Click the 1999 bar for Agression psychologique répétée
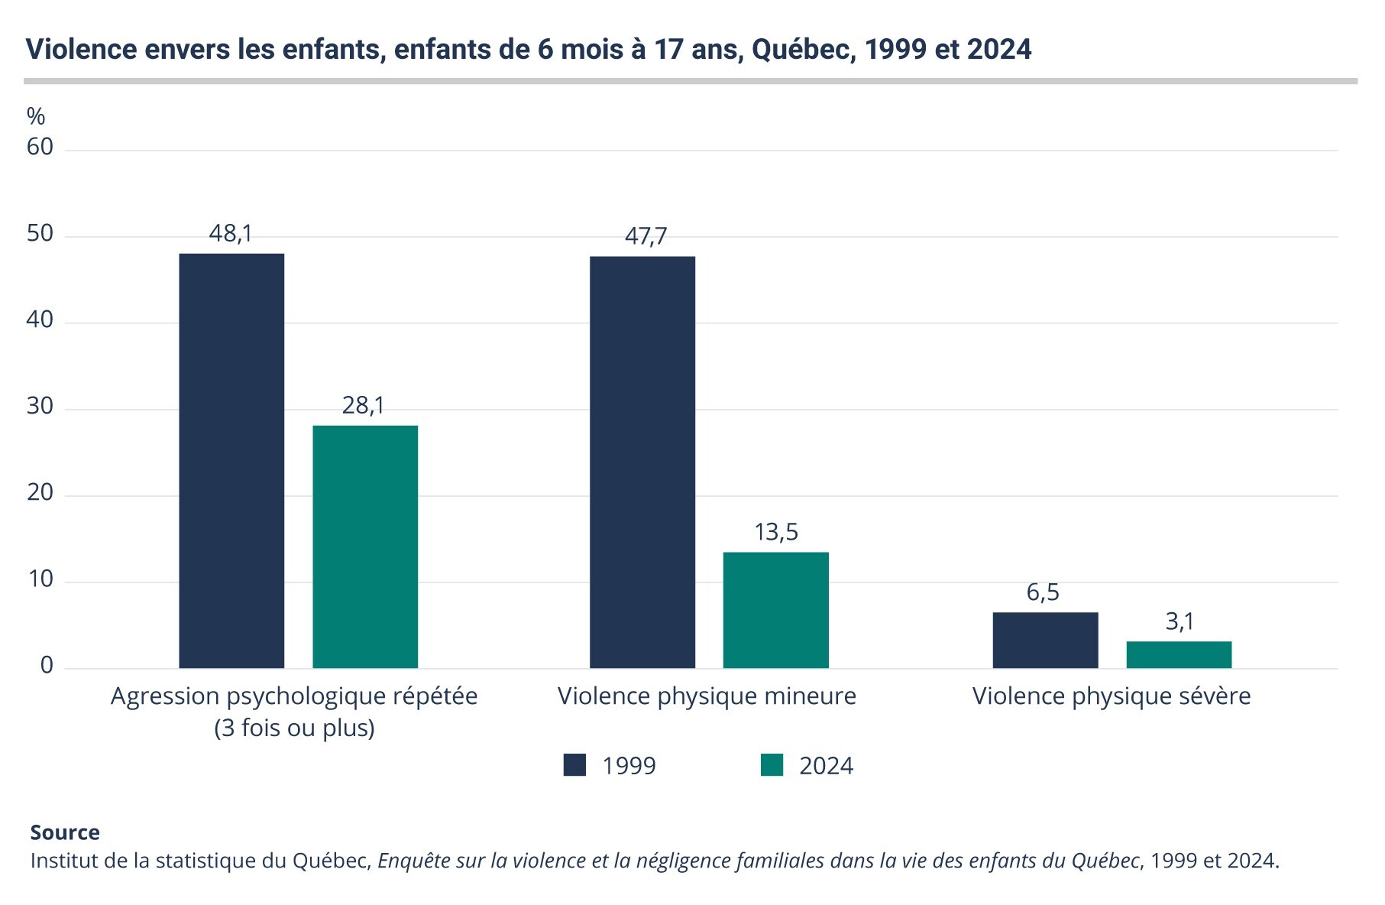231,460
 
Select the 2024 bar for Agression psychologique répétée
365,547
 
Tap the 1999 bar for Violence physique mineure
642,462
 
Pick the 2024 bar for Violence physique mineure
775,610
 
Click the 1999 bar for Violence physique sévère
1045,640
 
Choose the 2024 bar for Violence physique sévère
1179,654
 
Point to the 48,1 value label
231,233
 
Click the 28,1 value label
364,405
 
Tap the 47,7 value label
646,236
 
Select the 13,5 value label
776,532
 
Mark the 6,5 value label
1043,592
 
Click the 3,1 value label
1180,622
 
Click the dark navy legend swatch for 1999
574,765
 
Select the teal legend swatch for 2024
772,765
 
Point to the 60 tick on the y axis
40,147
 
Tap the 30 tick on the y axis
40,406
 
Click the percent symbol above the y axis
36,116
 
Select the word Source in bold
65,832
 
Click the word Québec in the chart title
801,50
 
